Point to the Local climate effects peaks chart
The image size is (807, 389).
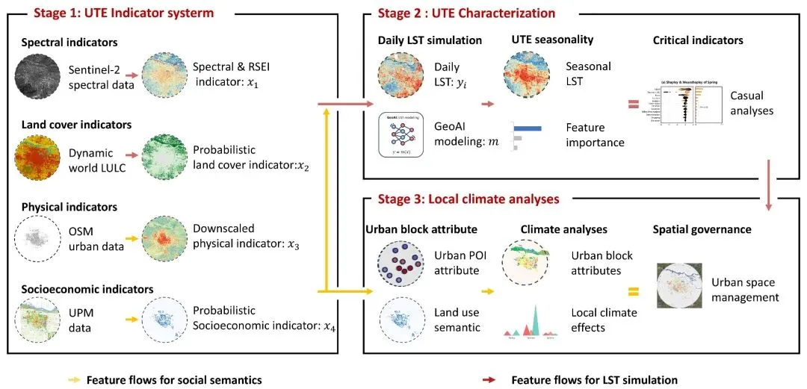531,321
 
